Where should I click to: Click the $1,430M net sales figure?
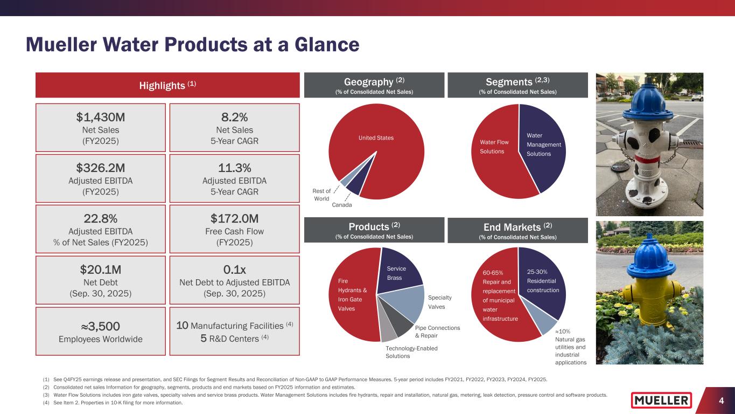click(100, 116)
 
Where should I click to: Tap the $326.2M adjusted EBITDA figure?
click(100, 167)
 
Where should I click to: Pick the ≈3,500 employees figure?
click(100, 326)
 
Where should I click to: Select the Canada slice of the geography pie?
click(353, 185)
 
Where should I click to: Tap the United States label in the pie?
click(376, 138)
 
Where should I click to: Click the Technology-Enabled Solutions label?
click(412, 353)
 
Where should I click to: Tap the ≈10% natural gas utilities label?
click(570, 347)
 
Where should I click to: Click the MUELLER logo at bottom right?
click(661, 400)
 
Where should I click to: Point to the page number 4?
click(720, 401)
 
